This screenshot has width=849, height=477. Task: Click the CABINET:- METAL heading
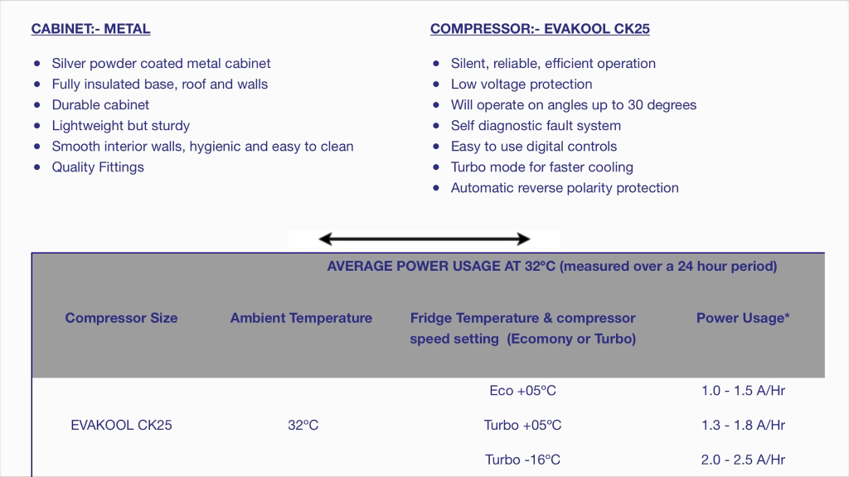(x=90, y=29)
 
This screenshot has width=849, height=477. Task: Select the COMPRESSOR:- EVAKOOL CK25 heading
(x=540, y=29)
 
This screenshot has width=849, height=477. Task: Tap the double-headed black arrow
(x=424, y=239)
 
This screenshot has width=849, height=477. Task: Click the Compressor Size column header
(x=121, y=318)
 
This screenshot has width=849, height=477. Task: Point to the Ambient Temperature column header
(x=301, y=318)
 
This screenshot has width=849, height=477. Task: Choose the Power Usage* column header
(x=743, y=318)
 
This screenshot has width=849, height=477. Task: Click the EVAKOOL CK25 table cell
(x=121, y=425)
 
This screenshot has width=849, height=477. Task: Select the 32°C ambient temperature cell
(x=303, y=425)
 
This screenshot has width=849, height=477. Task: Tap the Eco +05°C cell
(x=522, y=391)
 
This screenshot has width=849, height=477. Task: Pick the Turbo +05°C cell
(x=522, y=425)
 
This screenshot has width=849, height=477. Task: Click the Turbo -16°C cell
(x=522, y=460)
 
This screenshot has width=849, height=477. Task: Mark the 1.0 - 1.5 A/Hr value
(x=743, y=391)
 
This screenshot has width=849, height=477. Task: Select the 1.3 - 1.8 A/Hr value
(x=743, y=425)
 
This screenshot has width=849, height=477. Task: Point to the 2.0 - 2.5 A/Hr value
(x=743, y=460)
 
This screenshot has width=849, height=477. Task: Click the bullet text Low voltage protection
(x=522, y=84)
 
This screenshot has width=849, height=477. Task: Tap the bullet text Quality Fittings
(x=98, y=167)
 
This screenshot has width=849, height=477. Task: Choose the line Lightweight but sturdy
(x=121, y=126)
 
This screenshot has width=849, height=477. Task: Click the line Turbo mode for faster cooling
(x=542, y=167)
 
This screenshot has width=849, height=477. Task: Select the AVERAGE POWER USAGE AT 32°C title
(x=551, y=266)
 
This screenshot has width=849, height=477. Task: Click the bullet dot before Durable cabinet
(x=36, y=105)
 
